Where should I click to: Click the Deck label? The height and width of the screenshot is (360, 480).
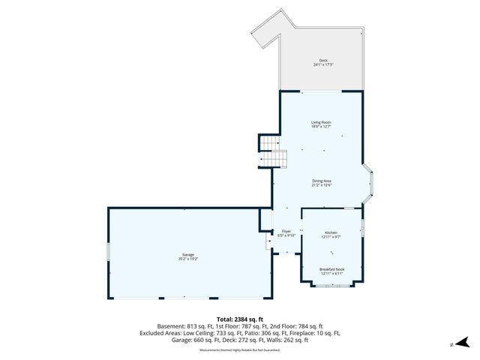pos(322,60)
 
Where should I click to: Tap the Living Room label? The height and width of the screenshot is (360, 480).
pos(322,122)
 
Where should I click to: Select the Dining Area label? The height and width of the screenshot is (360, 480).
pos(322,180)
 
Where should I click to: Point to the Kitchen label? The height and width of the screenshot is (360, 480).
pos(331,232)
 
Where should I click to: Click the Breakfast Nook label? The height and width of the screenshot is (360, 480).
pos(331,269)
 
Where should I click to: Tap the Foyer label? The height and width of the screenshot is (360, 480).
pos(286,231)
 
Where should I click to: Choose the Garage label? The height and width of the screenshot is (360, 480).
pos(187,255)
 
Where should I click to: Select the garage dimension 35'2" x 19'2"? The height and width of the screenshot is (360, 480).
pos(187,259)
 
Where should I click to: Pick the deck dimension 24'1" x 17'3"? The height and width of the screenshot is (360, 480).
pos(322,65)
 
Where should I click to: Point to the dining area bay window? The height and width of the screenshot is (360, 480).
pos(368,183)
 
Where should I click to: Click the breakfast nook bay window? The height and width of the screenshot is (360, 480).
pos(331,286)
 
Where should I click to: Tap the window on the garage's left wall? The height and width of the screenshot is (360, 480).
pos(109,252)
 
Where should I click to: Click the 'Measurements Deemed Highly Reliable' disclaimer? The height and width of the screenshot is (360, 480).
pos(239,349)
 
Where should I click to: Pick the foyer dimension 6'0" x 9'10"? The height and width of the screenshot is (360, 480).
pos(286,235)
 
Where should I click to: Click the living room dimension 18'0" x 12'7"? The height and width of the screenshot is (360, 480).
pos(322,127)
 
